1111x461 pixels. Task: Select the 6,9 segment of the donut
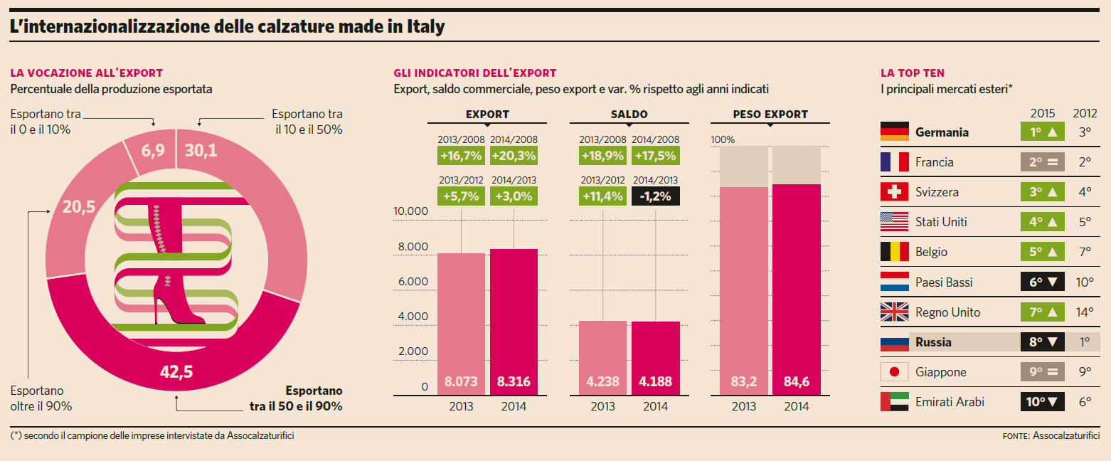151,152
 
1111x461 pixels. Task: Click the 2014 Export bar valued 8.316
514,320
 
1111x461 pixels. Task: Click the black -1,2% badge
655,196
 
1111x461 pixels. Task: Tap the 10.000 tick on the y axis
410,211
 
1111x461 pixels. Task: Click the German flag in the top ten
894,132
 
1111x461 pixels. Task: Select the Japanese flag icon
894,372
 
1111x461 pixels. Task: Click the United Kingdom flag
894,312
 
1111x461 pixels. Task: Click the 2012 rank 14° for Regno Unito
1084,312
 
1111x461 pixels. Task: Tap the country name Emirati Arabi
950,402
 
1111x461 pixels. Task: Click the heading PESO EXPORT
770,115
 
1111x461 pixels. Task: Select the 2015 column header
1043,113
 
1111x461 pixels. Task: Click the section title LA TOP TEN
913,73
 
